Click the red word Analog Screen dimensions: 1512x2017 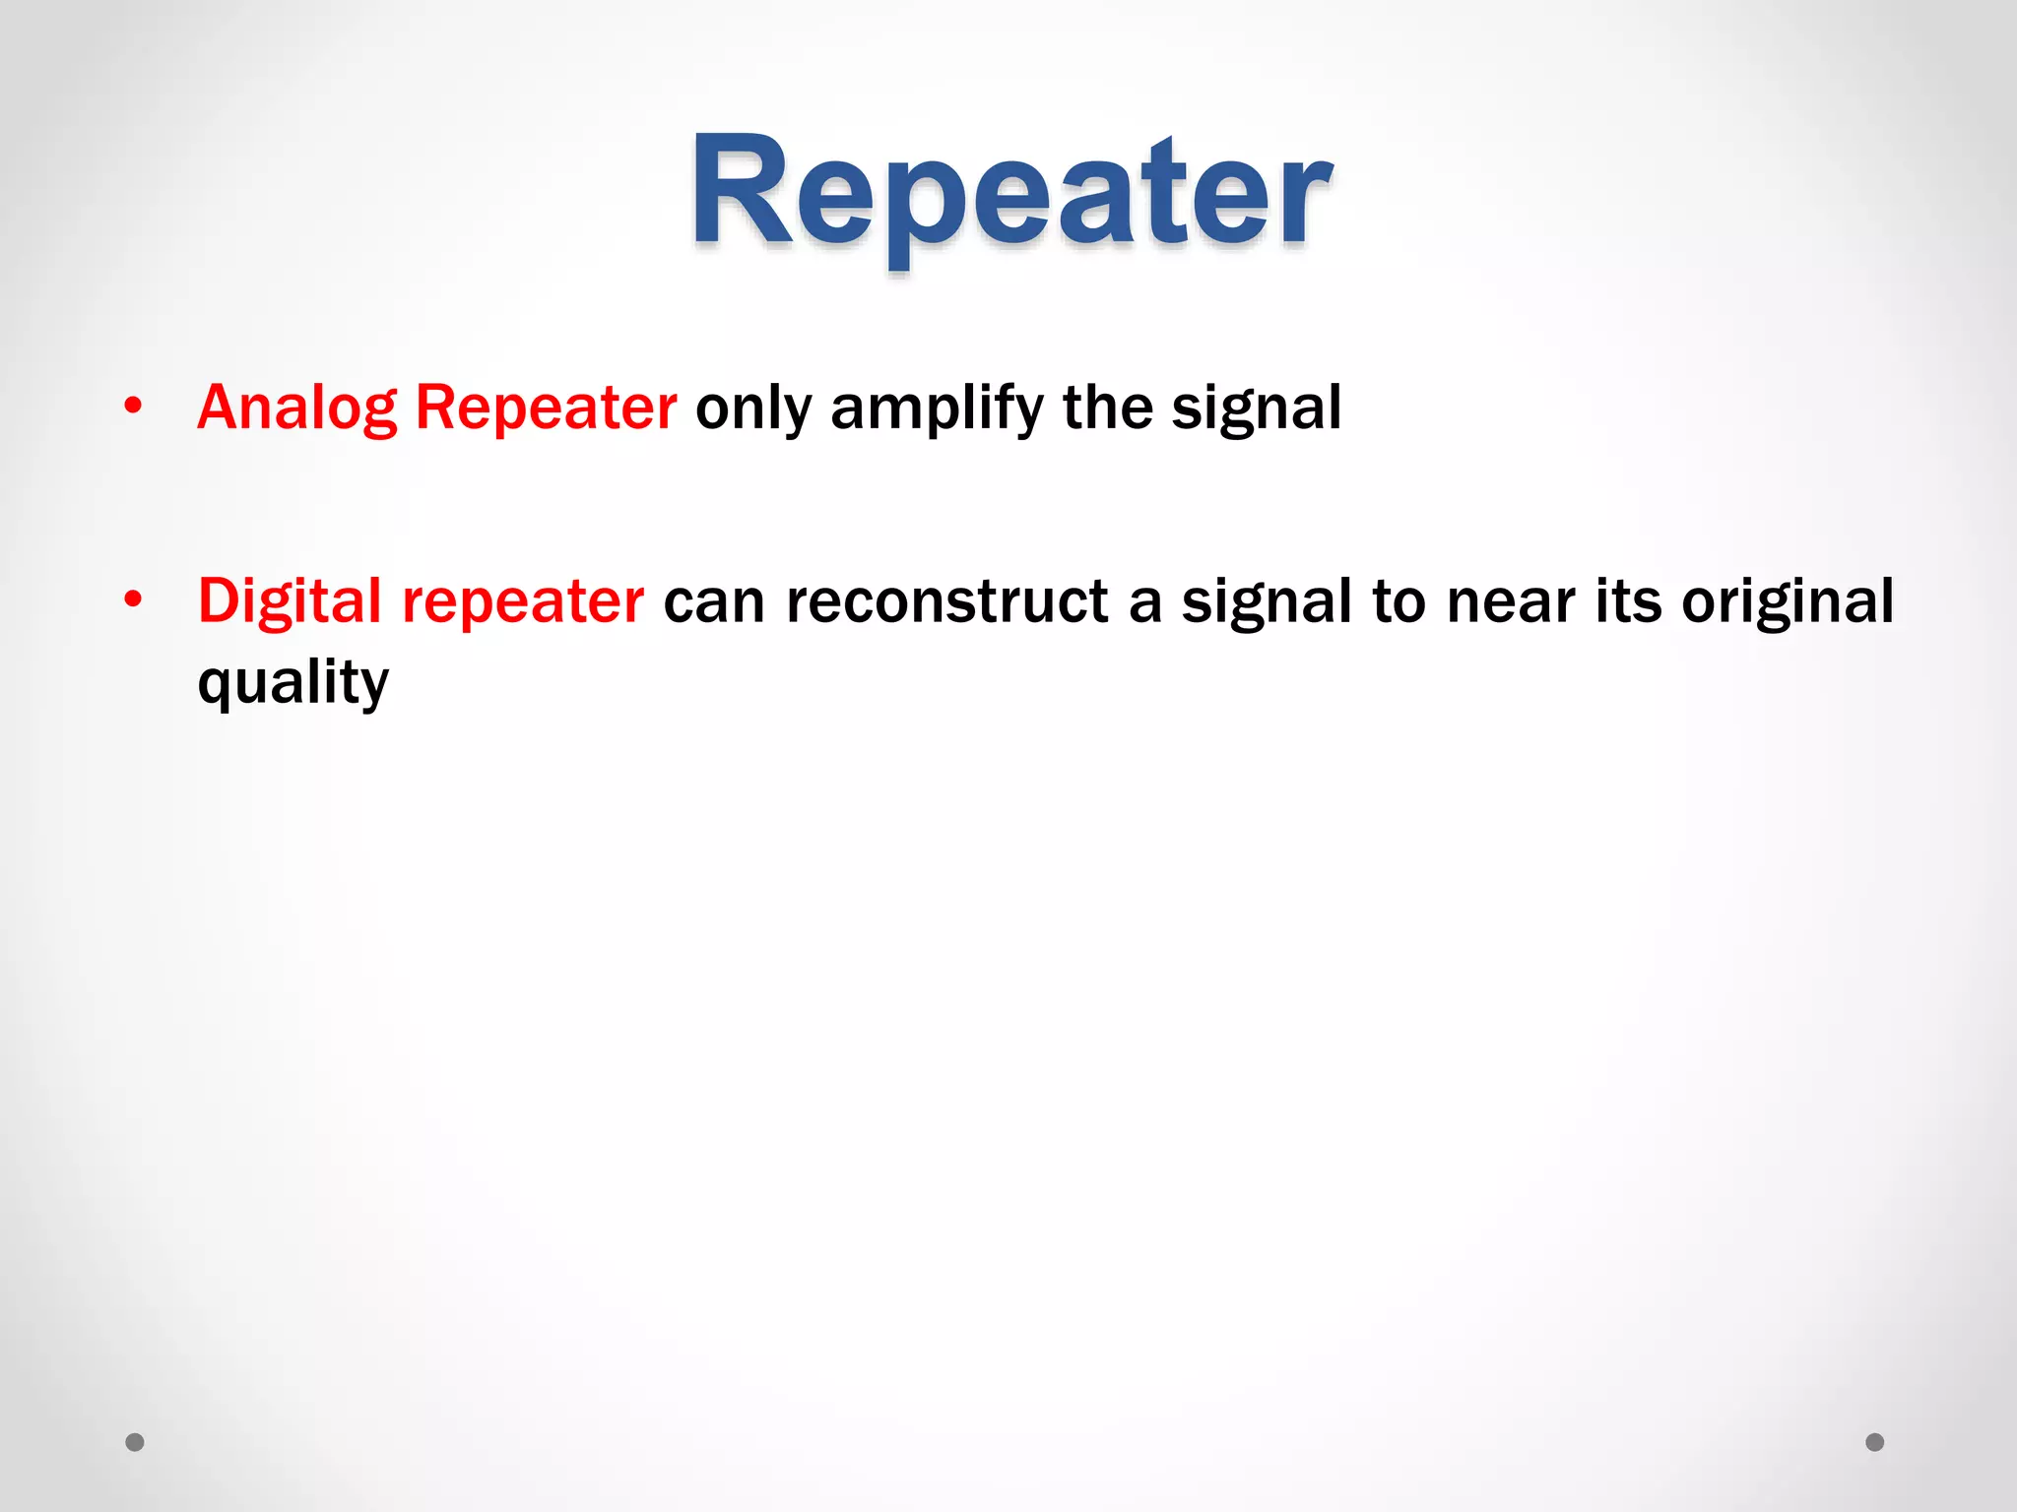(296, 408)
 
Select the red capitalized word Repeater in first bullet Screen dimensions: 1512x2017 (546, 408)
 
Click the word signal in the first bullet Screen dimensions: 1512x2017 (1256, 408)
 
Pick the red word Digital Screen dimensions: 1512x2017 (290, 600)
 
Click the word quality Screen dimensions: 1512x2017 (293, 682)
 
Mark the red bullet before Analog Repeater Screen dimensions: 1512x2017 (134, 406)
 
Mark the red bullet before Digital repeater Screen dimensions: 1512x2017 (134, 598)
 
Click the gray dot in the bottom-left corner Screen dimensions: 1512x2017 (135, 1442)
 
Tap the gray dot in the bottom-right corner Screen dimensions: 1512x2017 (1875, 1442)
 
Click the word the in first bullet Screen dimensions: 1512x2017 (1107, 408)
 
